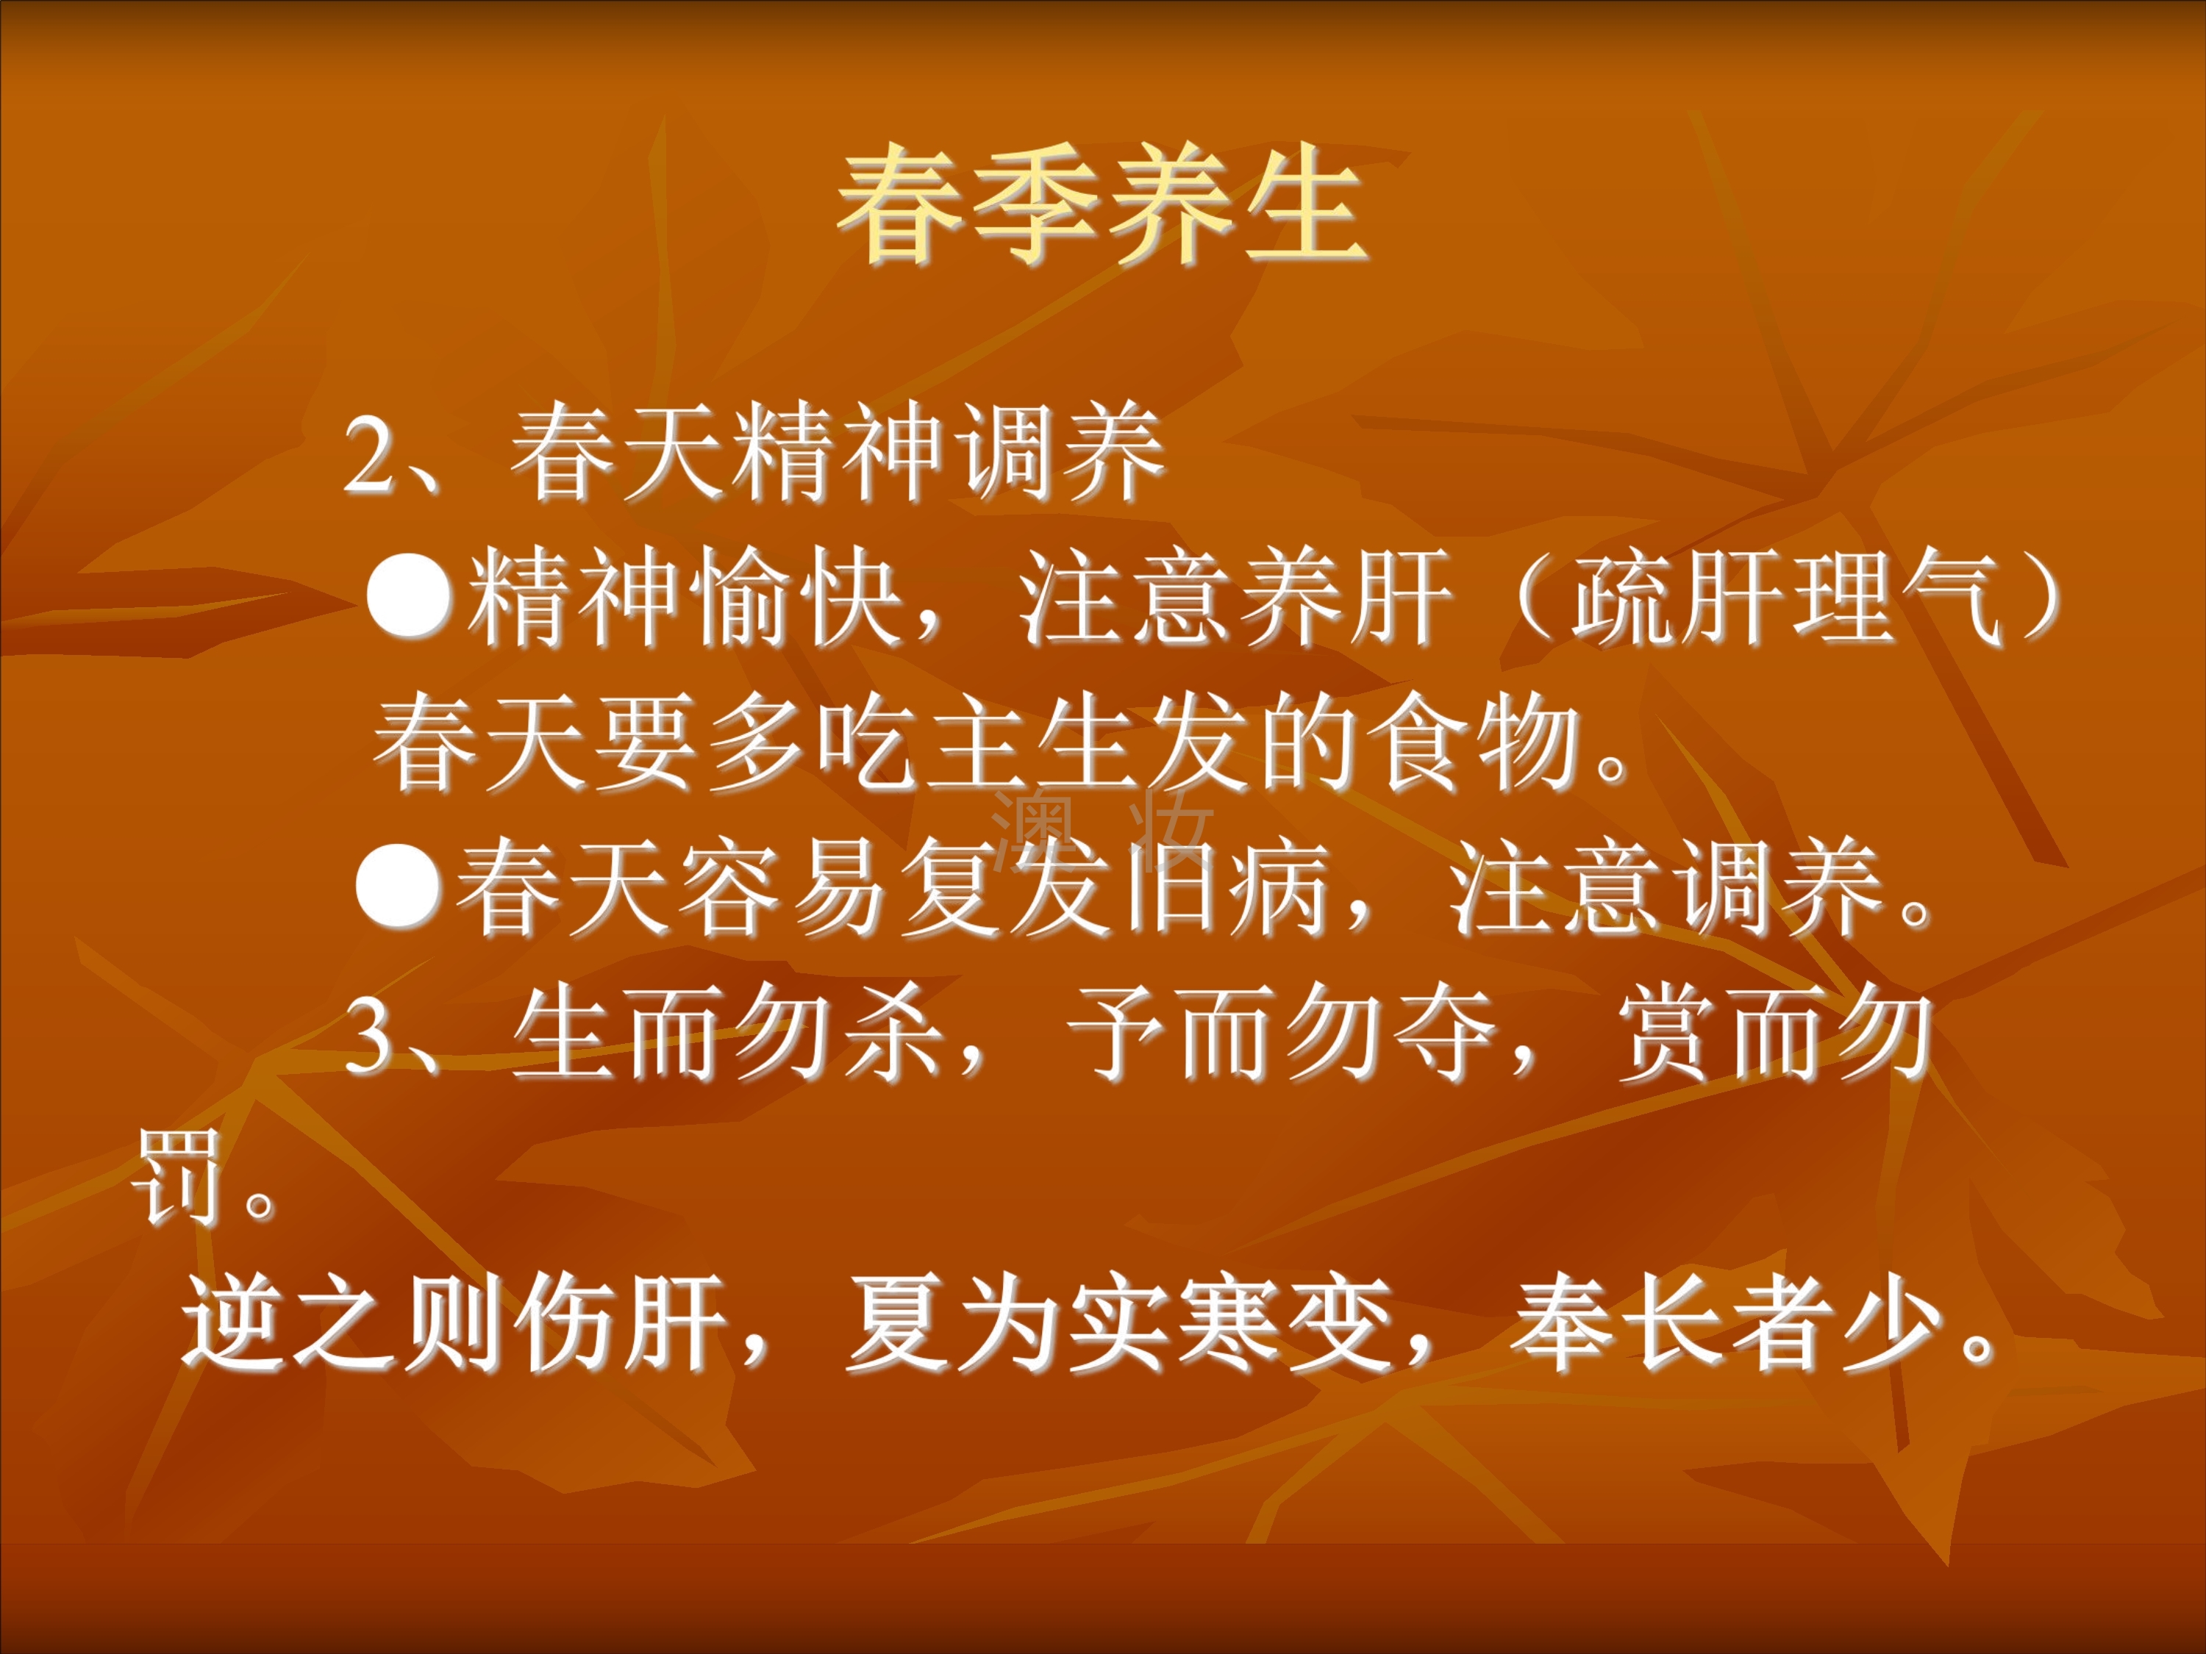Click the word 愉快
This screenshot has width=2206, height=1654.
pos(800,598)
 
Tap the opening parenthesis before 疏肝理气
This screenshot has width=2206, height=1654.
pos(1531,598)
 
